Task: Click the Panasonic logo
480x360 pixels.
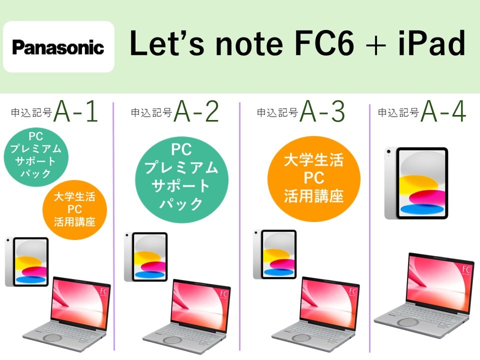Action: coord(58,47)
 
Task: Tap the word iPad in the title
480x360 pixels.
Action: coord(431,43)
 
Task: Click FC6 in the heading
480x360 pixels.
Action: coord(323,43)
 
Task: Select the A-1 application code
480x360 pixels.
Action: coord(76,111)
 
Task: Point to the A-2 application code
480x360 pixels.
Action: coord(196,111)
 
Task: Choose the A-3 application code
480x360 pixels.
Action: coord(322,111)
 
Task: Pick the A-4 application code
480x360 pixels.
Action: coord(443,111)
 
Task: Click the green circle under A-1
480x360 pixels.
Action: coord(36,156)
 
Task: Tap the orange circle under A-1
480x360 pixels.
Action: coord(74,209)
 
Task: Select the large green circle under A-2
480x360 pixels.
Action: coord(182,179)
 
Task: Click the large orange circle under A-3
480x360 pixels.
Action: coord(314,179)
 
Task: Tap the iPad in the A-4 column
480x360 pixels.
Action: coord(416,183)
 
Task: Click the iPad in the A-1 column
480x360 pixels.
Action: coord(26,261)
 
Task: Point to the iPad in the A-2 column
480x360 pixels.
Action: coord(145,257)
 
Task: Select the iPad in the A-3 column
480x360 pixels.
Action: coord(274,254)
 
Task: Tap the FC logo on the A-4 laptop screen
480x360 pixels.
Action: coord(466,269)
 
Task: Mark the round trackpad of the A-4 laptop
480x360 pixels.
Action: coord(408,322)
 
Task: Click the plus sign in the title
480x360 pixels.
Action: coord(375,45)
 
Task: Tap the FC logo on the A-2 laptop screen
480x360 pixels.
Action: coord(224,294)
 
